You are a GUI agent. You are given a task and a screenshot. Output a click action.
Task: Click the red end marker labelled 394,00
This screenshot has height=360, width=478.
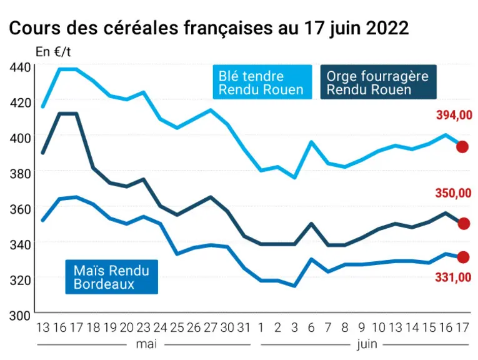click(x=462, y=147)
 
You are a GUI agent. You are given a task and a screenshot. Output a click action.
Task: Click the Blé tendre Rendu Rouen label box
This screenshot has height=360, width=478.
click(x=262, y=82)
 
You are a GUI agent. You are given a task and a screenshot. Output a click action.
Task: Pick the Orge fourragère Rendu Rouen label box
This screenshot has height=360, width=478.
click(x=378, y=82)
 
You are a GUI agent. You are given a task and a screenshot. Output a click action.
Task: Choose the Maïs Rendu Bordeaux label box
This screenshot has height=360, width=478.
click(x=112, y=277)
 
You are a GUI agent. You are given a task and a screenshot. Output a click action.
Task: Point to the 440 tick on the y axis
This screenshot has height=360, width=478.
click(x=20, y=67)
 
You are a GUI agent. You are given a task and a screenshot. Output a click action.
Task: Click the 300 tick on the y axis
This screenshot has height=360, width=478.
click(x=20, y=316)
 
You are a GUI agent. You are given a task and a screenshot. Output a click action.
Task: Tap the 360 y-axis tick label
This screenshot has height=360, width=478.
click(x=20, y=209)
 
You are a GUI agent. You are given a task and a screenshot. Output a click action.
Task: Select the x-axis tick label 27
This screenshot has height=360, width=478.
click(x=211, y=327)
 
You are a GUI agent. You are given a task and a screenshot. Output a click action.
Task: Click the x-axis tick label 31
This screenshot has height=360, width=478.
click(x=244, y=327)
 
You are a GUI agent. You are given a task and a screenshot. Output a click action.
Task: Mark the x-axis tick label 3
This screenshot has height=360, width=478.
click(x=294, y=327)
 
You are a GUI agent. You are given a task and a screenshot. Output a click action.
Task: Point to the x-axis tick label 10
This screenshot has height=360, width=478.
click(x=379, y=327)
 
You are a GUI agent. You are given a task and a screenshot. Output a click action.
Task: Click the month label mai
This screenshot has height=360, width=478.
click(x=146, y=344)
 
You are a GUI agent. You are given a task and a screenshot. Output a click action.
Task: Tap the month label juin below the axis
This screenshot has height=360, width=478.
click(x=367, y=344)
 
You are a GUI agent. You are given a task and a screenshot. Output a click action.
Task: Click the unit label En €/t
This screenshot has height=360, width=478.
click(x=53, y=52)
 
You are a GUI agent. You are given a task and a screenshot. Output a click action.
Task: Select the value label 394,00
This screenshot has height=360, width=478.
click(x=454, y=115)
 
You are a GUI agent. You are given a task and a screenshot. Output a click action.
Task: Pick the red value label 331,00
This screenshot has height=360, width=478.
click(x=453, y=277)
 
